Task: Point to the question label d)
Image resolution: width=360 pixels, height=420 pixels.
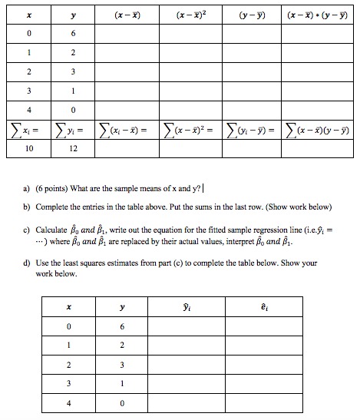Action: click(27, 263)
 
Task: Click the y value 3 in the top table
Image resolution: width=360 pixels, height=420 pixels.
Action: click(73, 71)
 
